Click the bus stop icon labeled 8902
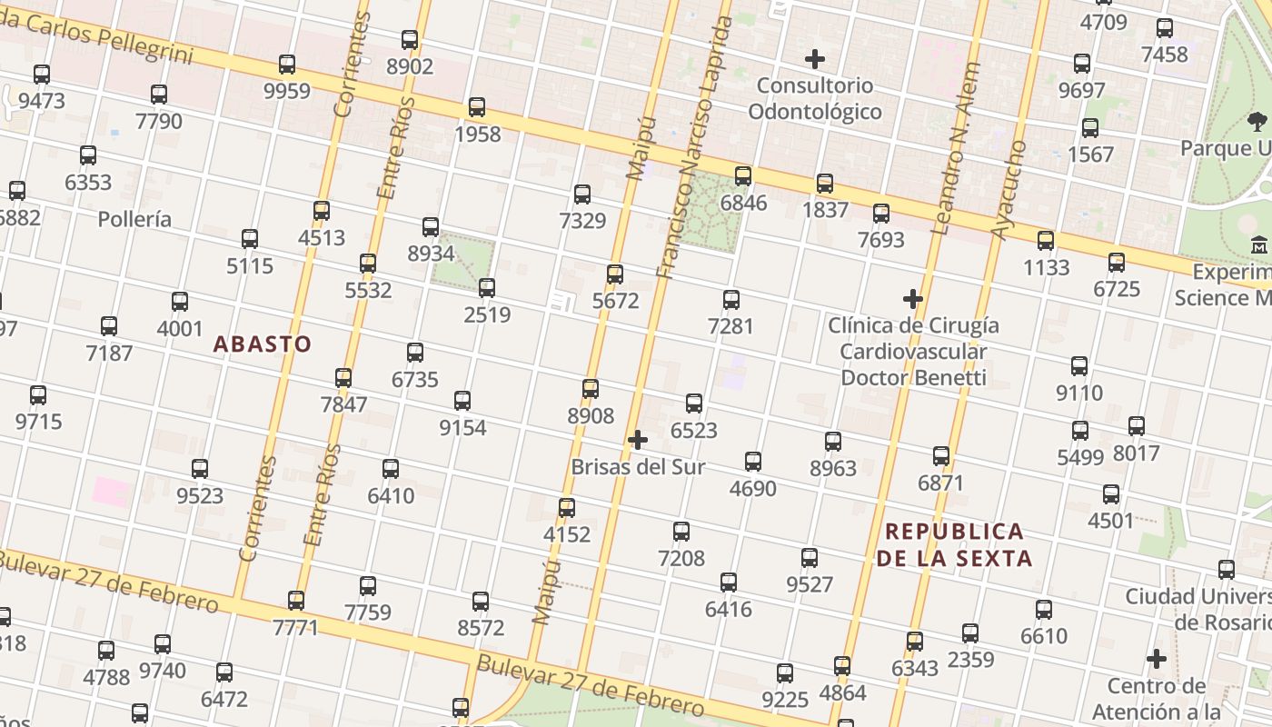click(x=410, y=40)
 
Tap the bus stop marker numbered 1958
click(x=477, y=107)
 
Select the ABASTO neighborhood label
click(x=263, y=344)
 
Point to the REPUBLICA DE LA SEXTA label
click(x=954, y=544)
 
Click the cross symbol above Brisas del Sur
click(x=638, y=441)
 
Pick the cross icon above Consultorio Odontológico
click(x=815, y=60)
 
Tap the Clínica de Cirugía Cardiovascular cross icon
click(x=913, y=299)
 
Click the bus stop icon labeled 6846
click(x=743, y=176)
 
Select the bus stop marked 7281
click(x=731, y=299)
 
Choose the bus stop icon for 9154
click(x=462, y=401)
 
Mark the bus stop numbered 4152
click(x=567, y=508)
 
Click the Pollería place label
click(x=134, y=219)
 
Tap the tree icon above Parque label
click(x=1257, y=121)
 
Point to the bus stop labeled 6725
click(x=1117, y=263)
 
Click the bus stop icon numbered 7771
click(x=296, y=601)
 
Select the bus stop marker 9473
click(x=42, y=75)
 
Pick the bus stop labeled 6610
click(x=1044, y=610)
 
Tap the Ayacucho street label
click(x=1009, y=191)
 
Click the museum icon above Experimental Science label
click(x=1259, y=245)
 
